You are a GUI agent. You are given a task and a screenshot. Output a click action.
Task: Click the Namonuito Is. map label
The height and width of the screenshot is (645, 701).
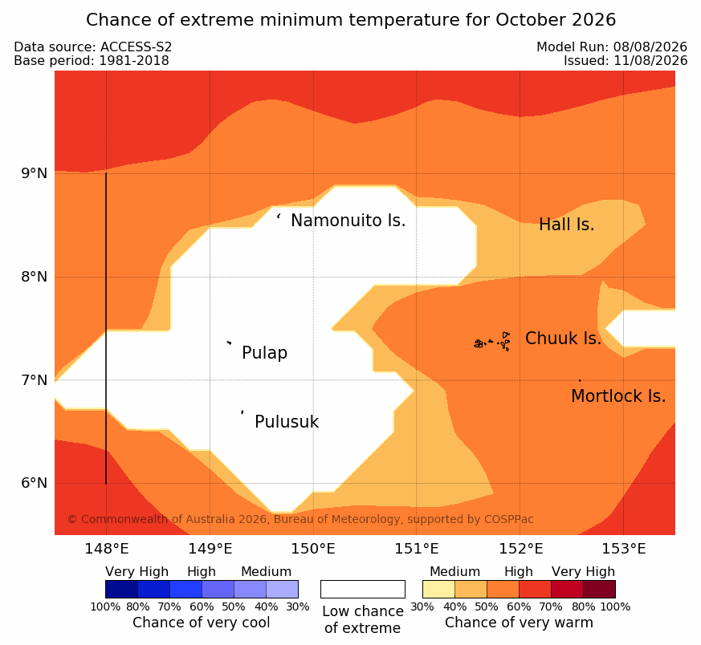click(348, 221)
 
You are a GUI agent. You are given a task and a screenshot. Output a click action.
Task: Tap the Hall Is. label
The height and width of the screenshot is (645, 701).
click(566, 225)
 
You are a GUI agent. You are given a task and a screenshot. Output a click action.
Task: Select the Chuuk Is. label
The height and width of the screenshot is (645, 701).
click(564, 339)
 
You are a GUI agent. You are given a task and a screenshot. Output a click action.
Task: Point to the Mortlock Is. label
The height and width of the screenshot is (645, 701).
click(618, 396)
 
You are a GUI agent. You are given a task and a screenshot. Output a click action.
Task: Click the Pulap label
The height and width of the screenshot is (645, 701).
click(265, 353)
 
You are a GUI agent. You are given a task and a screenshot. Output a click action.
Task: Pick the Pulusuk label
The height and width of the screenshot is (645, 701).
click(287, 422)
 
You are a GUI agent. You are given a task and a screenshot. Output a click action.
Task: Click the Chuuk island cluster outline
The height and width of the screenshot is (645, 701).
click(492, 342)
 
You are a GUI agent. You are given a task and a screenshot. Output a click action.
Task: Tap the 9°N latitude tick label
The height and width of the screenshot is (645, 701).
click(35, 173)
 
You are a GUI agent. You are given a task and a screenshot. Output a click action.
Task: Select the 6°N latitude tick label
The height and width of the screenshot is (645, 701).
click(35, 483)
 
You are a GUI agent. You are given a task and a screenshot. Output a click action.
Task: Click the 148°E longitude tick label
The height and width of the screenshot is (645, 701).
click(107, 549)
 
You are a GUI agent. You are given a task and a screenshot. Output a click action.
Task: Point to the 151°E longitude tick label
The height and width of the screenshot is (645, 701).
click(416, 549)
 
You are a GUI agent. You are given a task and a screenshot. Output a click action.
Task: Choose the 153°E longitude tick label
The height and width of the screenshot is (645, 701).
click(623, 549)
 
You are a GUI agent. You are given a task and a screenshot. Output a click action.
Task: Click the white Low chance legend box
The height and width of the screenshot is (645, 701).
click(363, 589)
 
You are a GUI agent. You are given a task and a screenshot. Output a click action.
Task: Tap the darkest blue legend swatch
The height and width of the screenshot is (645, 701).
click(121, 589)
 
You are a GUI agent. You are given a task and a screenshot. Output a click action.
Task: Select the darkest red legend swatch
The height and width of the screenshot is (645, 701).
click(599, 589)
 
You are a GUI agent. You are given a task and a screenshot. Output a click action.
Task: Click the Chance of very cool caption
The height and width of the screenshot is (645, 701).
click(202, 623)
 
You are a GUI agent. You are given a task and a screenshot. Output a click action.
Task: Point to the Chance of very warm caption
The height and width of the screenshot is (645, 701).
click(519, 623)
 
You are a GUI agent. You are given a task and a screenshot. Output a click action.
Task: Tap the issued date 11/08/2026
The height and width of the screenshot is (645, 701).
click(650, 61)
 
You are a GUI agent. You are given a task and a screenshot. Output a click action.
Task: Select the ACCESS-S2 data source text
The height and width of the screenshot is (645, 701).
click(136, 47)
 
